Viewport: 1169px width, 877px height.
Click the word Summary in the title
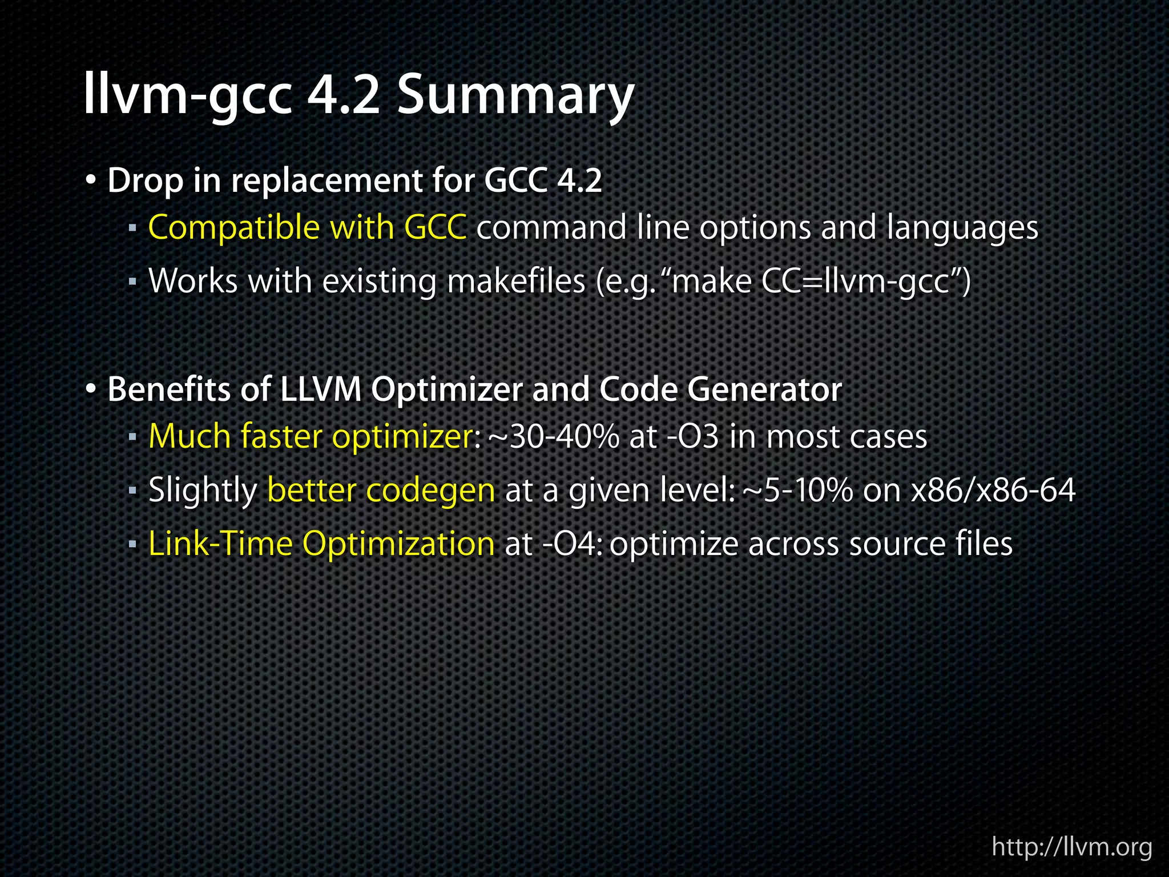tap(515, 96)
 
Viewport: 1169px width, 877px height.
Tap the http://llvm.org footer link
tap(1072, 846)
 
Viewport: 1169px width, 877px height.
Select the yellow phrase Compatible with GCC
tap(307, 227)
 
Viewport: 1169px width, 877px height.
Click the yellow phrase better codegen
tap(381, 490)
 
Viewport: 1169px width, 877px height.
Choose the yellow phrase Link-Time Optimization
tap(321, 544)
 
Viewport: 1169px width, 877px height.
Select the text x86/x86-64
tap(993, 490)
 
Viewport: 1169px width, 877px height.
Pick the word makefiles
tap(516, 281)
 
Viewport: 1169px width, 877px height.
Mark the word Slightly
tap(203, 490)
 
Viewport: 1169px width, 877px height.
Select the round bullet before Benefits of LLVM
tap(91, 390)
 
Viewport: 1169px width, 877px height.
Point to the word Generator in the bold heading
tap(764, 390)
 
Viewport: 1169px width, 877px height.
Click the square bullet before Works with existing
tap(132, 281)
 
